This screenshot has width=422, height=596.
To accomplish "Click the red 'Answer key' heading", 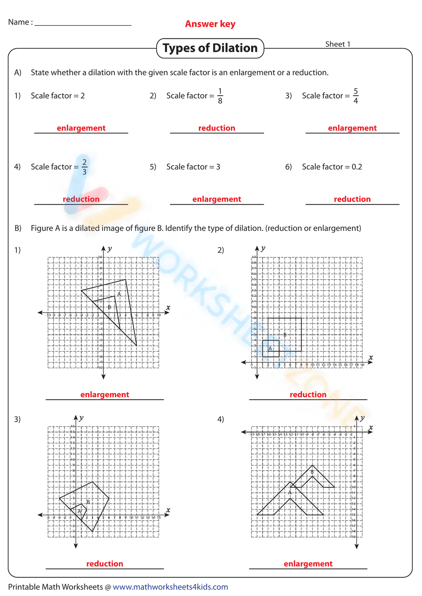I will coord(210,24).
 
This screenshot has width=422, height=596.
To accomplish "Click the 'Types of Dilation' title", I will coord(210,48).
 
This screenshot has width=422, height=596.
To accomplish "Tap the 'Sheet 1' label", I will coord(338,44).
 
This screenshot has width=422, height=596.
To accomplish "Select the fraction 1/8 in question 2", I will coord(220,96).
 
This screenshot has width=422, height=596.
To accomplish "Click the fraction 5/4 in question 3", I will coord(356,96).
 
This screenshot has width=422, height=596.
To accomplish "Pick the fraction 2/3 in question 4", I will coord(84,167).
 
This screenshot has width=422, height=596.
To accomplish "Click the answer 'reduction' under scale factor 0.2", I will coord(352,199).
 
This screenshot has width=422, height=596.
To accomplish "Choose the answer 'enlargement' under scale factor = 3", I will coord(216,199).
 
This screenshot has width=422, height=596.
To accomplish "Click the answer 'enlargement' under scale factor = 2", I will coord(81,128).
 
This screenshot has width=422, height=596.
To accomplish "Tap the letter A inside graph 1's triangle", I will coord(119,294).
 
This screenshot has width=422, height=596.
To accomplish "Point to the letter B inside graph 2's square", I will coord(285,335).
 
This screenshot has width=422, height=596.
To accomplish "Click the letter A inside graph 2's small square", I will coord(271,348).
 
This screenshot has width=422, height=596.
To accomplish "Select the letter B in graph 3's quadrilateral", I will coord(88,502).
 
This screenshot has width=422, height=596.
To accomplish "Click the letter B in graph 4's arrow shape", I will coord(312,472).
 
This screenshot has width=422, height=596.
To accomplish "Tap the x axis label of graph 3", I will coord(168,510).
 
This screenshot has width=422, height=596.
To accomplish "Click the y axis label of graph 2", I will coord(263,249).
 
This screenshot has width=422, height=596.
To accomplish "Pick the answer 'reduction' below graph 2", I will coord(308,395).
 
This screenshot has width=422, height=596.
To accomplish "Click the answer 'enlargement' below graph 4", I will coord(308,564).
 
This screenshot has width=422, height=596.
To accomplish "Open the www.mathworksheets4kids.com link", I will coord(170,587).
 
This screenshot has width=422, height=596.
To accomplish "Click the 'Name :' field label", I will coord(20,22).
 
